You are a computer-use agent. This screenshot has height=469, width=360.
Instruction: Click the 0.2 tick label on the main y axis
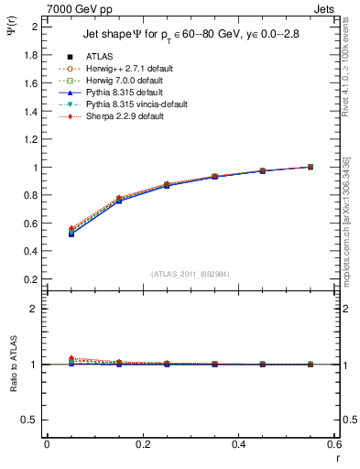(29, 279)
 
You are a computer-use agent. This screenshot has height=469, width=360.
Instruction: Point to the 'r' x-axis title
(338, 457)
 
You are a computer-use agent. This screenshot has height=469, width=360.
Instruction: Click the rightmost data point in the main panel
(311, 167)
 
